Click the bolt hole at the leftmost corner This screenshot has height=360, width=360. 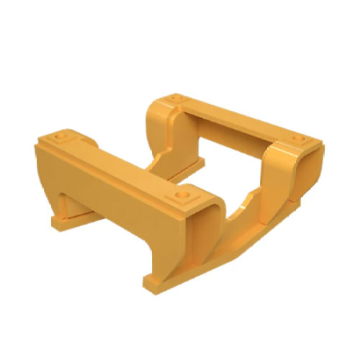point(60,134)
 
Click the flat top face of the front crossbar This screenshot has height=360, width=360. point(122,164)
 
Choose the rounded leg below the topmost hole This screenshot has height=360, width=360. point(160,133)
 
